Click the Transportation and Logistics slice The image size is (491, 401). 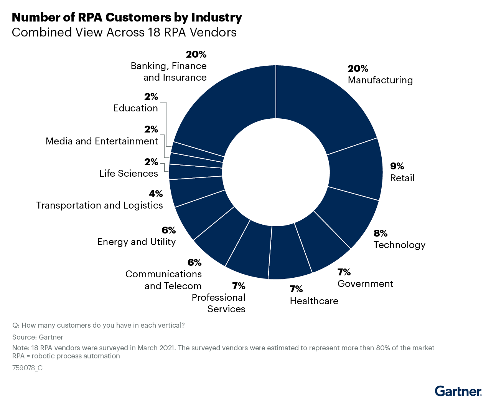coord(196,190)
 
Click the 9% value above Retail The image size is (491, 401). coord(397,166)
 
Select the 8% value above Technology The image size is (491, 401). coord(381,234)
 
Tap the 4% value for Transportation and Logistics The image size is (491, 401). coord(156,194)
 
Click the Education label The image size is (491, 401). coord(135,108)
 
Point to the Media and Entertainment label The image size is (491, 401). coord(102,141)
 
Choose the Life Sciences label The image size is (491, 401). coord(129,174)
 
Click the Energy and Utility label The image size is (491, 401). coord(137,242)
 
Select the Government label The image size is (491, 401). coord(365,284)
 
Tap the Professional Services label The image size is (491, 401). coord(219,303)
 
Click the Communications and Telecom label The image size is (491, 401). coord(164,280)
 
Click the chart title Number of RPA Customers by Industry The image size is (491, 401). coord(127,17)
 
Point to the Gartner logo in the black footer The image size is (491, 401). coord(458,391)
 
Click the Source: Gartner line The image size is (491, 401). coord(38,337)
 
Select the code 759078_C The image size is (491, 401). coord(27,368)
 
